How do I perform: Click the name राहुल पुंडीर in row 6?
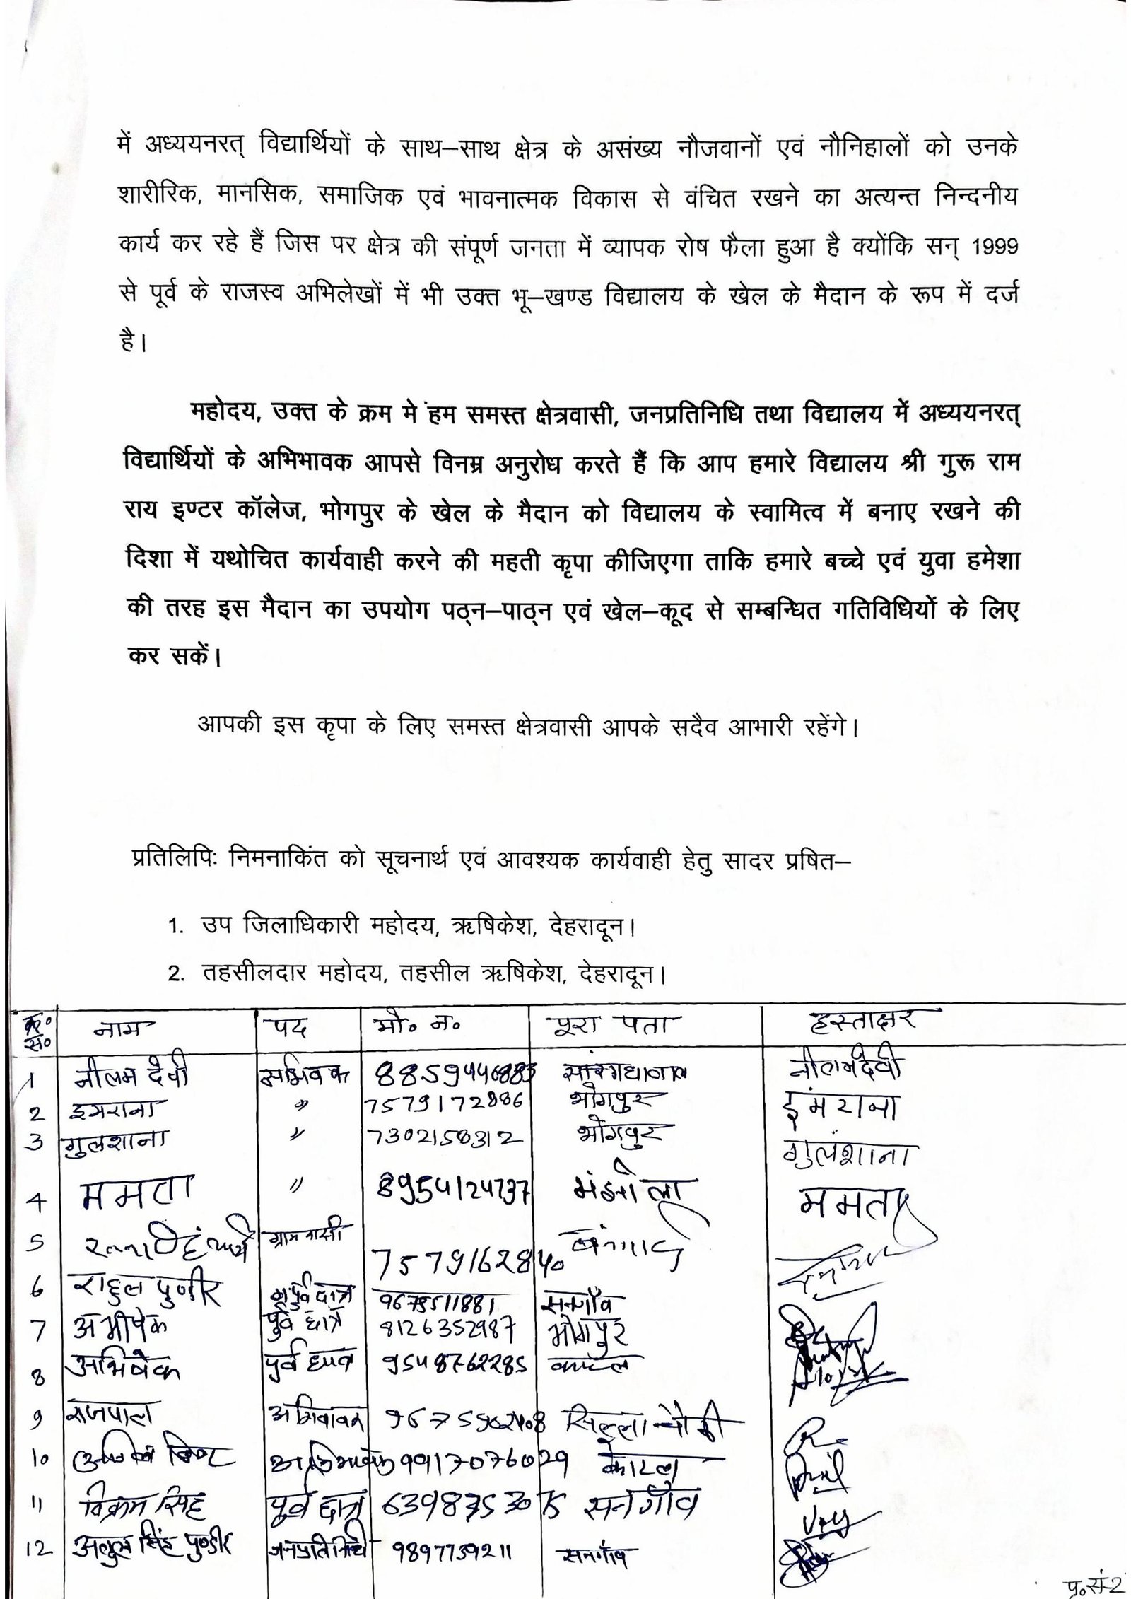[x=147, y=1293]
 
